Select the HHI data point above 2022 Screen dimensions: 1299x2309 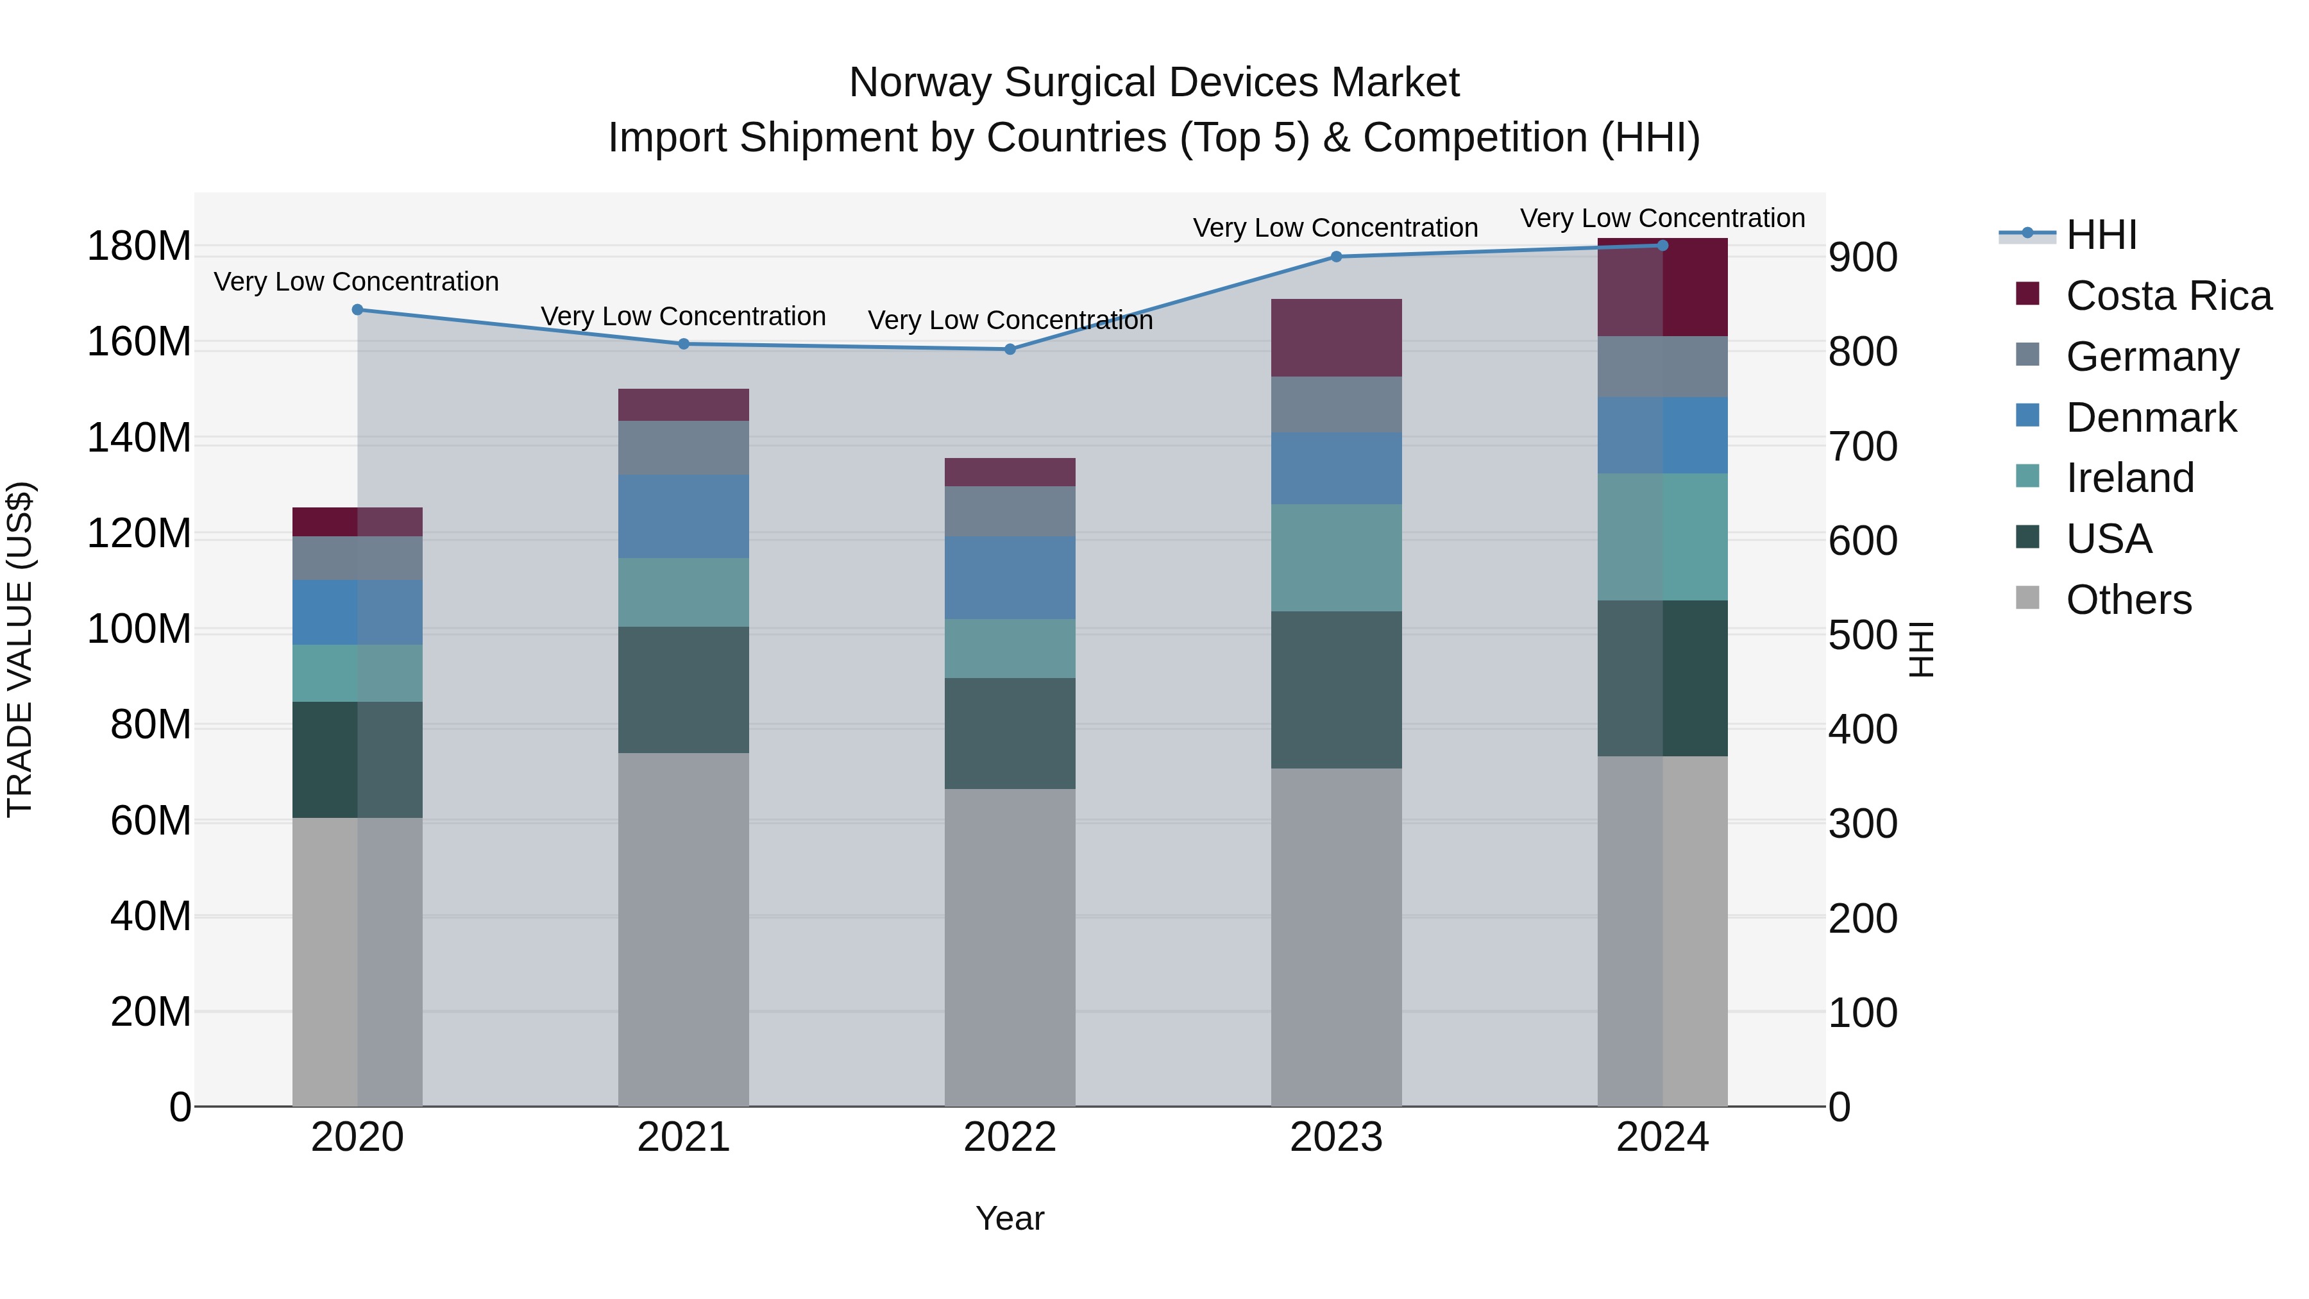tap(1010, 350)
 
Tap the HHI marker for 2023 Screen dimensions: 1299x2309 tap(1337, 257)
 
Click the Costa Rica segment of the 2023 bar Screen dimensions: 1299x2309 tap(1337, 338)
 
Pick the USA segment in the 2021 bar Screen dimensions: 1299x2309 tap(684, 690)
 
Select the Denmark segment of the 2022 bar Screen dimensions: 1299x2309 tap(1010, 578)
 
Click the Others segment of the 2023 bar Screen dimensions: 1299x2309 tap(1337, 937)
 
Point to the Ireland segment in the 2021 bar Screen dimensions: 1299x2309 tap(684, 593)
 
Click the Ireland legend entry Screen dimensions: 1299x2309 tap(2129, 478)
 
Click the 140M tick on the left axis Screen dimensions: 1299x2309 tap(139, 438)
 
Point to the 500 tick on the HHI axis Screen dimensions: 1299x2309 tap(1863, 636)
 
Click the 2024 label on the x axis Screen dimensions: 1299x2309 tap(1662, 1137)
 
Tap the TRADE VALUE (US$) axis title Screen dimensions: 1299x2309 tap(20, 649)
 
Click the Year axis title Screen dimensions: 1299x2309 tap(1010, 1218)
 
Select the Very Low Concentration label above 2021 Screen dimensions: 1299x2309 tap(683, 316)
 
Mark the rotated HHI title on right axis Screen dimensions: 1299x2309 tap(1922, 649)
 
